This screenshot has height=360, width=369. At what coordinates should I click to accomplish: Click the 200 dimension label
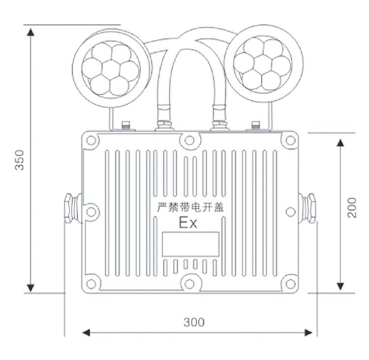[x=352, y=208]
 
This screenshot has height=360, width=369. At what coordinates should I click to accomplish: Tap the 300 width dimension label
[x=194, y=322]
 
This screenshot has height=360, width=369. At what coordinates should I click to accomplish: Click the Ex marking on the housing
[x=188, y=223]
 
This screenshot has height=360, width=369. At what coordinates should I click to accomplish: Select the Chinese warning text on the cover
[x=190, y=207]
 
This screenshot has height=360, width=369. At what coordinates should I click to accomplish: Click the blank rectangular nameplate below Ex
[x=190, y=244]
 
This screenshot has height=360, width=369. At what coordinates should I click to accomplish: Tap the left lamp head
[x=111, y=68]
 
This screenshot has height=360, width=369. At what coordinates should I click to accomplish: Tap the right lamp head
[x=264, y=64]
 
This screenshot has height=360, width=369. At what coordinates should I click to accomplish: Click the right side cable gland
[x=307, y=208]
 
